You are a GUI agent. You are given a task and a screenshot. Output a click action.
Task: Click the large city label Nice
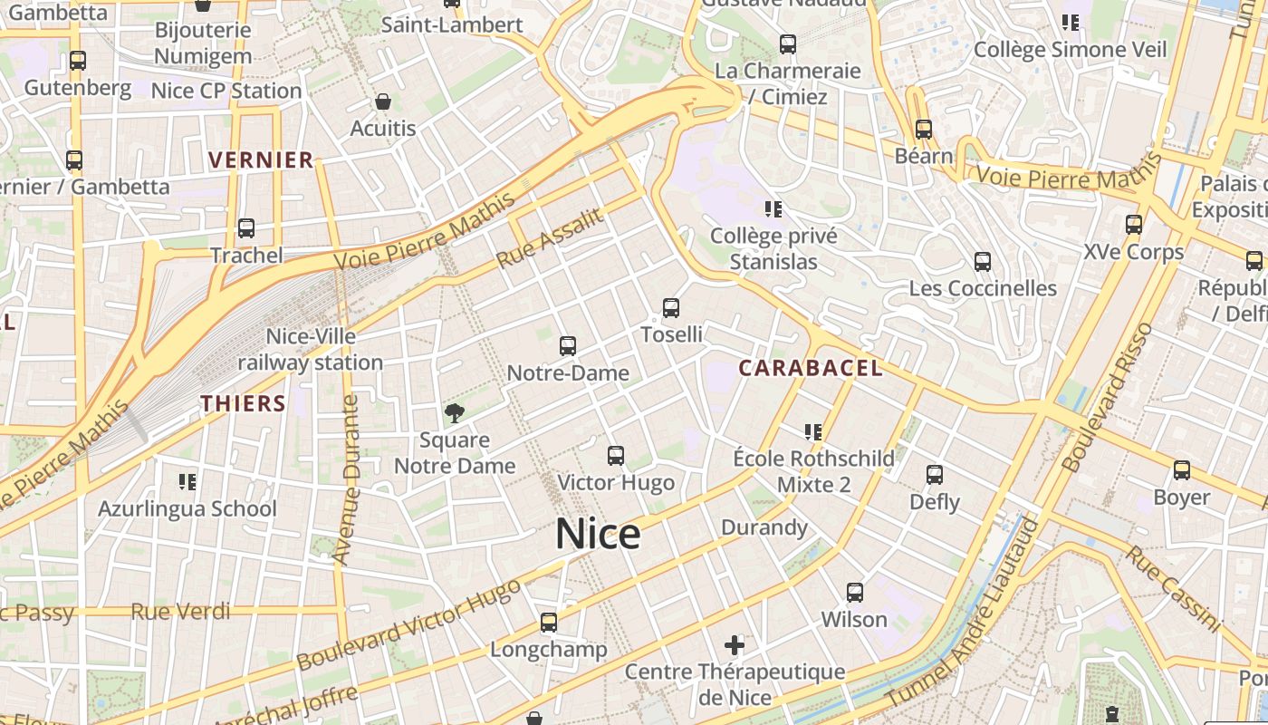pos(598,535)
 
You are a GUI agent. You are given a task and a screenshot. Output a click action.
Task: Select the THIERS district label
pos(243,403)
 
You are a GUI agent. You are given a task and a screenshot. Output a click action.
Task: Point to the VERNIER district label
pos(261,160)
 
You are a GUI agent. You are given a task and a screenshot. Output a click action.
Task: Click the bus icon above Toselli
pos(671,308)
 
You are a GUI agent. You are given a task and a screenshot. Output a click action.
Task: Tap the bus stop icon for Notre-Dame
pos(568,346)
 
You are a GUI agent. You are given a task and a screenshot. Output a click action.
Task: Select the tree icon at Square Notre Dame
pos(454,413)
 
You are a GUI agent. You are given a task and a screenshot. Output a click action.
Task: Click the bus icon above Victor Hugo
pos(616,456)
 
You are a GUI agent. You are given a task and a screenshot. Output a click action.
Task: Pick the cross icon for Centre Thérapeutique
pos(735,645)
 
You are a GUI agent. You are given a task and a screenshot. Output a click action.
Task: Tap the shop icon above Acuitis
pos(383,101)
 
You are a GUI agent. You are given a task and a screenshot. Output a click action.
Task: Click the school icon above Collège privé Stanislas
pos(773,209)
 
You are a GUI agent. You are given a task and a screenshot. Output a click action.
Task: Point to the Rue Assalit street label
pos(549,238)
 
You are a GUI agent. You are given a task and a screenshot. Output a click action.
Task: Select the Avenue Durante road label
pos(348,480)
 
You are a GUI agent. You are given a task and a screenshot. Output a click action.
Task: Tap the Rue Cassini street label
pos(1175,586)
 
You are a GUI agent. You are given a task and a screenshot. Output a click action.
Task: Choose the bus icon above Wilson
pos(854,593)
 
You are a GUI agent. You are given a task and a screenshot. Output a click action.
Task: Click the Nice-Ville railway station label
pos(311,350)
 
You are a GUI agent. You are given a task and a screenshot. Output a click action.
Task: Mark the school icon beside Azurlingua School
pos(187,481)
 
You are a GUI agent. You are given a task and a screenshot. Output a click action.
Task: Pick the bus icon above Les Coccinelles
pos(983,263)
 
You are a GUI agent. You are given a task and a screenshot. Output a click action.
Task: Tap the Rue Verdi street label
pos(181,612)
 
